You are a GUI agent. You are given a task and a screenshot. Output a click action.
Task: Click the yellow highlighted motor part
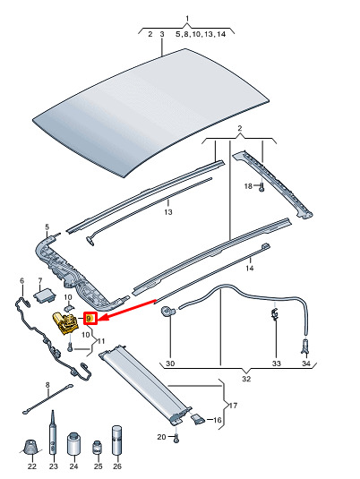(x=65, y=323)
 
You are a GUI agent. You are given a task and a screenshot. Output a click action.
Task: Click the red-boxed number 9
(x=90, y=319)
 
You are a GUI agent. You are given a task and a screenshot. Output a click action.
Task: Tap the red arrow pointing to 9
(x=127, y=311)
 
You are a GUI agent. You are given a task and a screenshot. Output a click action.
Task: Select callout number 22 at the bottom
(x=31, y=466)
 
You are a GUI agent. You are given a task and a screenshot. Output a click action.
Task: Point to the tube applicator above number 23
(x=53, y=433)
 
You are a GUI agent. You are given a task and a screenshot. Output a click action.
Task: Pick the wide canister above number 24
(x=73, y=444)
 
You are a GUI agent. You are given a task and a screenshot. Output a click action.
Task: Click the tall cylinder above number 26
(x=116, y=441)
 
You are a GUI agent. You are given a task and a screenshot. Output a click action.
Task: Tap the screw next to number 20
(x=176, y=439)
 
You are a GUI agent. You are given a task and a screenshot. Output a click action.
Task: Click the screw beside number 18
(x=261, y=187)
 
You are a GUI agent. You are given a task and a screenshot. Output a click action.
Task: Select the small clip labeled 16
(x=197, y=418)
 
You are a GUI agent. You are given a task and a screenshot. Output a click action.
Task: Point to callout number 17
(x=233, y=406)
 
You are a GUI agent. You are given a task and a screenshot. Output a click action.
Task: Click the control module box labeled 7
(x=45, y=295)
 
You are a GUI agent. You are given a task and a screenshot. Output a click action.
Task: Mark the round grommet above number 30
(x=168, y=311)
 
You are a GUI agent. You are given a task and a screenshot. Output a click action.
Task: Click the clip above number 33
(x=275, y=314)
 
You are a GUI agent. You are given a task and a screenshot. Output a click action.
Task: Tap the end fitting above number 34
(x=305, y=346)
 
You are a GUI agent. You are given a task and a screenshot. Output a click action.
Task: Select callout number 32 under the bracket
(x=246, y=379)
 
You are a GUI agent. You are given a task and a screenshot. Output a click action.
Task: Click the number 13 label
(x=168, y=212)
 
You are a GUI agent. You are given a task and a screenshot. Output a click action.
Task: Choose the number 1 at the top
(x=187, y=18)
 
